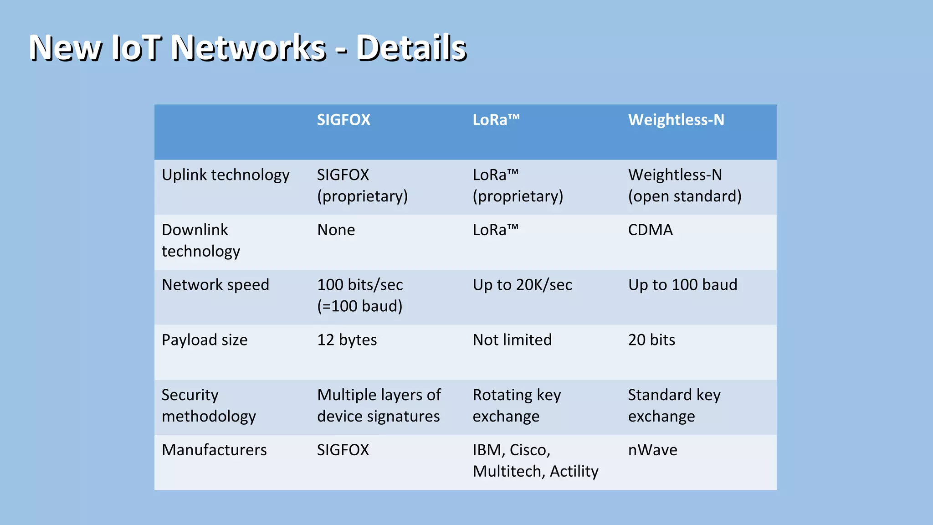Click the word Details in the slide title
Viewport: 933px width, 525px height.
[411, 47]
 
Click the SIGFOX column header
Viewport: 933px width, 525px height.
[343, 120]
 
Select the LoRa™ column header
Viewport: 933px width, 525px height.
[496, 120]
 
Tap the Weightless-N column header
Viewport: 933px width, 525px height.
[676, 120]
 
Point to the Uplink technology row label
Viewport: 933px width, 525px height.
[226, 175]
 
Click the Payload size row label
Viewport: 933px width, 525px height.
[205, 340]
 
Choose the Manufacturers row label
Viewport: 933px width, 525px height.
[214, 450]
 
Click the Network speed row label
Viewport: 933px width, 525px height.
[215, 285]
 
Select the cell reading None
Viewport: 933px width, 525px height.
[336, 230]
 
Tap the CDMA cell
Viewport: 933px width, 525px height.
[650, 230]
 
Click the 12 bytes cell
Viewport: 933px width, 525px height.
[347, 340]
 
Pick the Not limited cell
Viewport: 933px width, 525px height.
[512, 340]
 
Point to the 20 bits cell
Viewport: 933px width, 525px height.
[651, 340]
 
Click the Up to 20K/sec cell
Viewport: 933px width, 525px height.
[522, 285]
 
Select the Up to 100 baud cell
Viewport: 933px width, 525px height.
[682, 285]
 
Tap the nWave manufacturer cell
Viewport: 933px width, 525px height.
[652, 450]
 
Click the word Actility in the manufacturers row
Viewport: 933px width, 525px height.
[574, 471]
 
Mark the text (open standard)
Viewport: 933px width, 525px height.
[685, 196]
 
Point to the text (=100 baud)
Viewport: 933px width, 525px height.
[359, 306]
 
